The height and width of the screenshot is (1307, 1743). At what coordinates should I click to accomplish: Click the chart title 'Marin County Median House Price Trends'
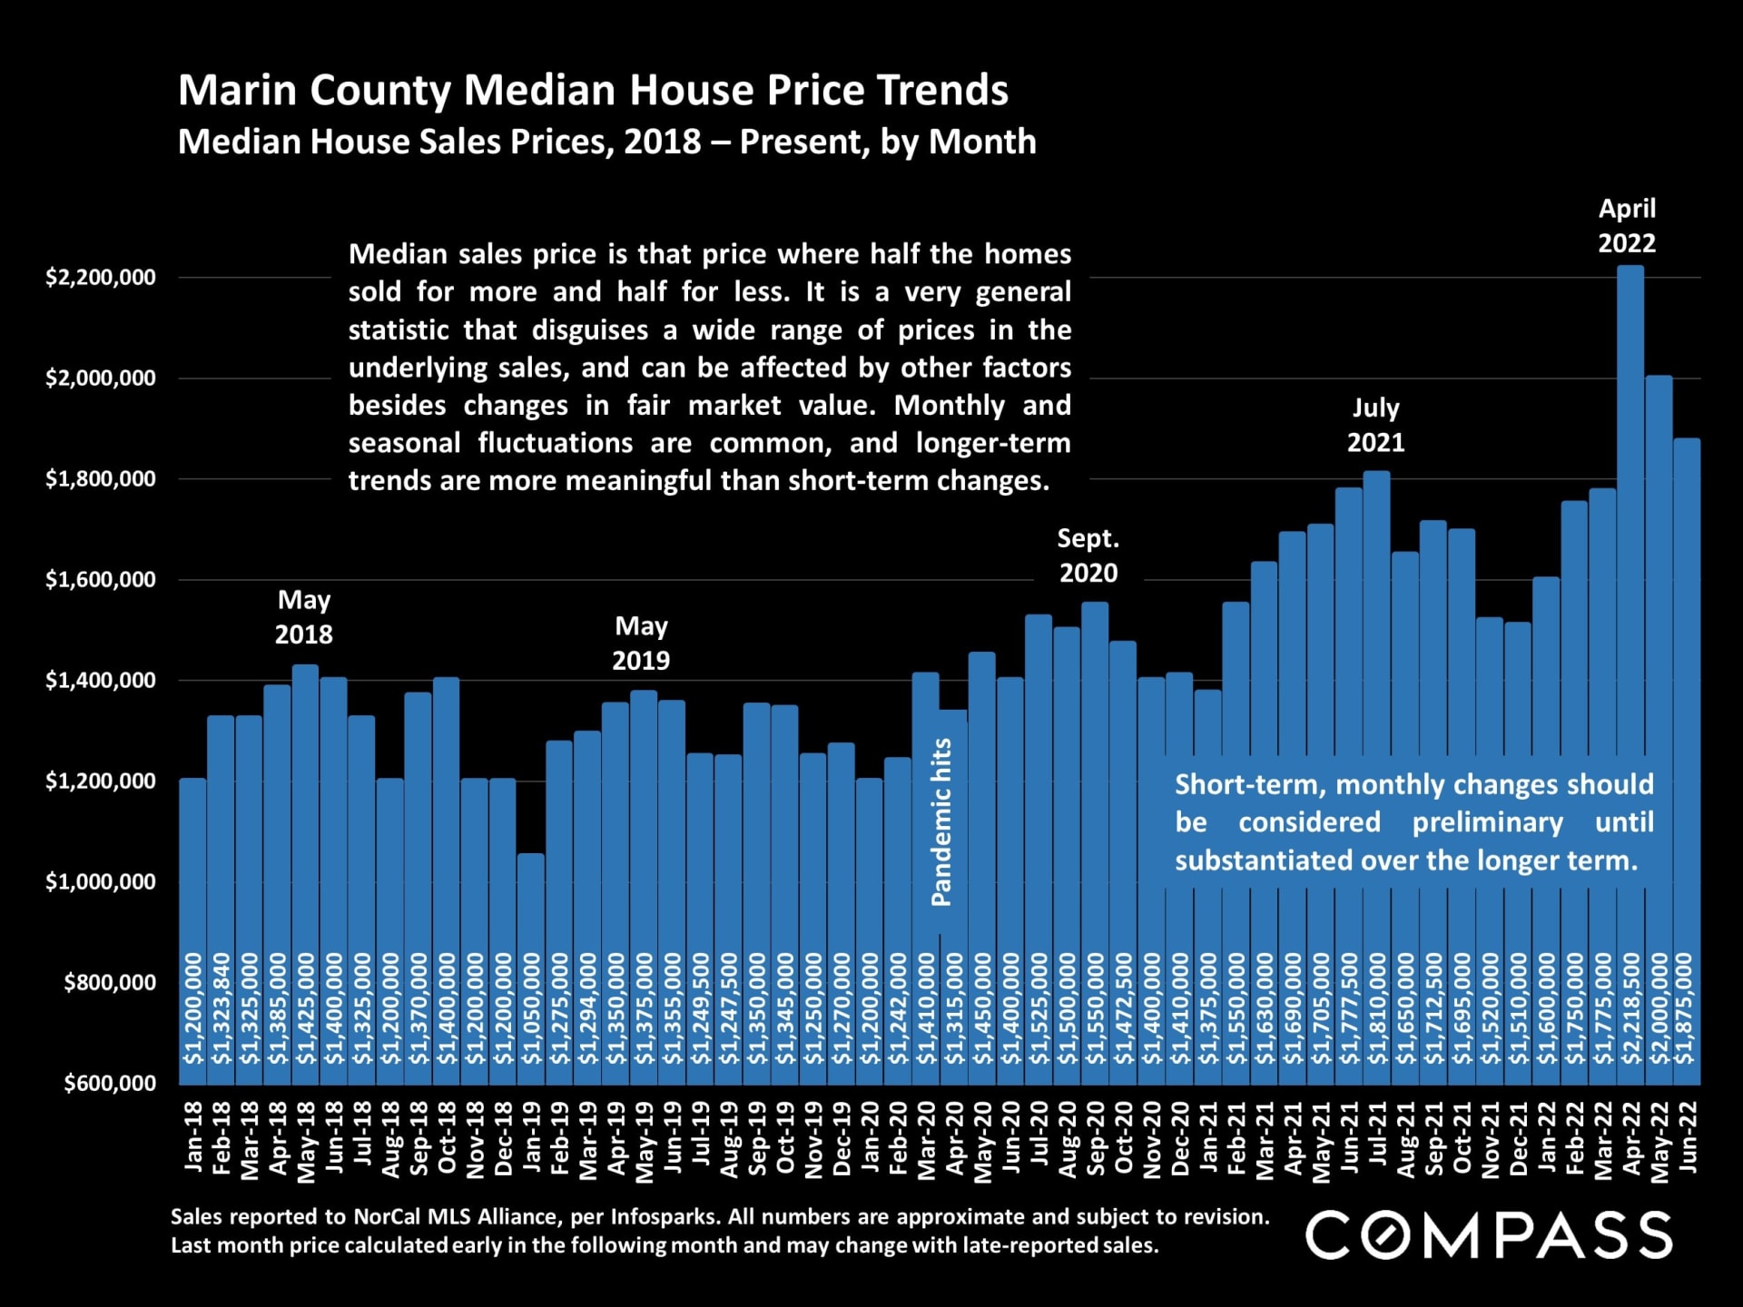[593, 90]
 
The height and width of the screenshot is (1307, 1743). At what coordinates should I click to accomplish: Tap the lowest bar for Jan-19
[531, 908]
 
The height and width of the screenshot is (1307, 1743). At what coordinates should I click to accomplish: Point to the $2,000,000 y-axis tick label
[101, 378]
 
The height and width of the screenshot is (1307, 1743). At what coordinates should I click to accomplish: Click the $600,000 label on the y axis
[110, 1083]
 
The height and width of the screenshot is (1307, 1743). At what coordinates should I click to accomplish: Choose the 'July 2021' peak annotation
[1375, 425]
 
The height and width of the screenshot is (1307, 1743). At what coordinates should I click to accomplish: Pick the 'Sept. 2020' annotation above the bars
[1088, 555]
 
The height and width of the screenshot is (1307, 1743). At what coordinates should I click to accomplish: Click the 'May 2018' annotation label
[304, 617]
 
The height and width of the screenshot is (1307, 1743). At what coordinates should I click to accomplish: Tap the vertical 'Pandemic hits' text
[941, 821]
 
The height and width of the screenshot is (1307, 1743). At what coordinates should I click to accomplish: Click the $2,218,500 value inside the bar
[1631, 1008]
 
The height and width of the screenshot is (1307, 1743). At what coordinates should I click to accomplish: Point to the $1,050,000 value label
[531, 1008]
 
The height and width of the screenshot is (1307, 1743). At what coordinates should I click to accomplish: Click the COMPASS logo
[1489, 1235]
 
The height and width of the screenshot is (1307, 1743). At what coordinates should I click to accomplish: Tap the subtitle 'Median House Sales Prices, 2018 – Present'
[606, 142]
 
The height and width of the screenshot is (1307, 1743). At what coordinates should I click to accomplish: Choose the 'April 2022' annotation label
[1627, 225]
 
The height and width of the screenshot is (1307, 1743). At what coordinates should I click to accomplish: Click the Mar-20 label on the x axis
[926, 1140]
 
